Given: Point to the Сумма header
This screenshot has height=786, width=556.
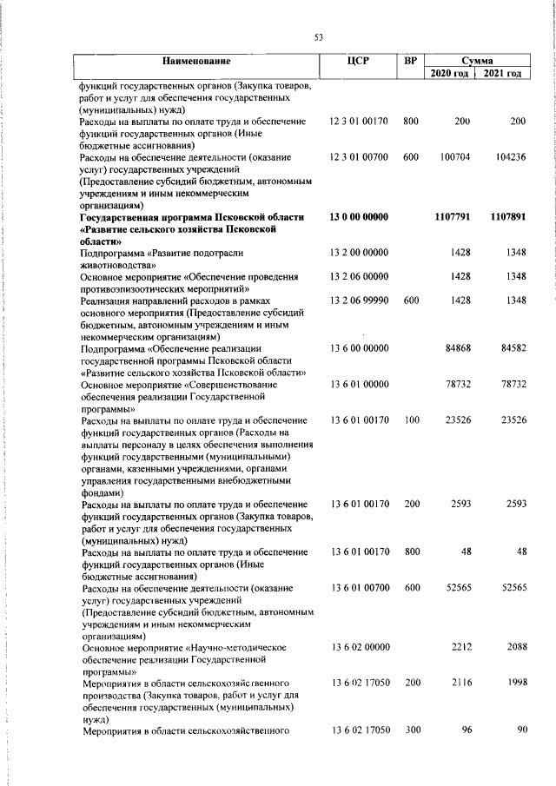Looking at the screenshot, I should click(478, 61).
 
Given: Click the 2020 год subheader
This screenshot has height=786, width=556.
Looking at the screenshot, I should click(451, 74).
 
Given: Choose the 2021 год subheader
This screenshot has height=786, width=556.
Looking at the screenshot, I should click(503, 74).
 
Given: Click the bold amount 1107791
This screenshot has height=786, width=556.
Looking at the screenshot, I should click(452, 217).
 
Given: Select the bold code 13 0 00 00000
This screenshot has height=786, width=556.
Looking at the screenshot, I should click(359, 217).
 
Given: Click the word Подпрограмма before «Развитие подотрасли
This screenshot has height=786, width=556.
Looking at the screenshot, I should click(112, 252).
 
